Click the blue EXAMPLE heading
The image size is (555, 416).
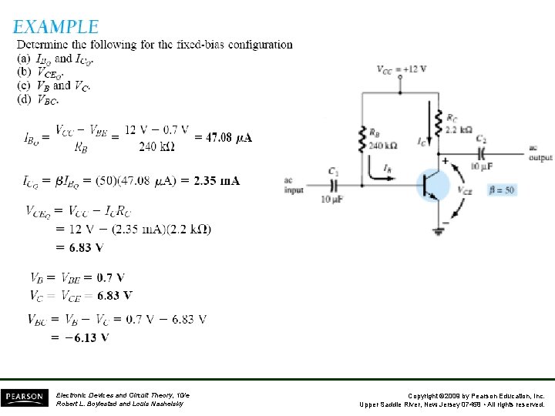point(55,27)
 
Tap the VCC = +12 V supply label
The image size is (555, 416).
point(402,69)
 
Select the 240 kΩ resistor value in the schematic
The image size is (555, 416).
point(382,145)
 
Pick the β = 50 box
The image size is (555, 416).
point(503,190)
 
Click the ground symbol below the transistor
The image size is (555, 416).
point(441,228)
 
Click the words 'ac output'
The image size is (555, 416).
point(540,153)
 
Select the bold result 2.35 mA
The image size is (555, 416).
point(217,181)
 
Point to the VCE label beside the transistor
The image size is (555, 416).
point(465,190)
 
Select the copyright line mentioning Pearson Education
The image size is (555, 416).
point(452,394)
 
